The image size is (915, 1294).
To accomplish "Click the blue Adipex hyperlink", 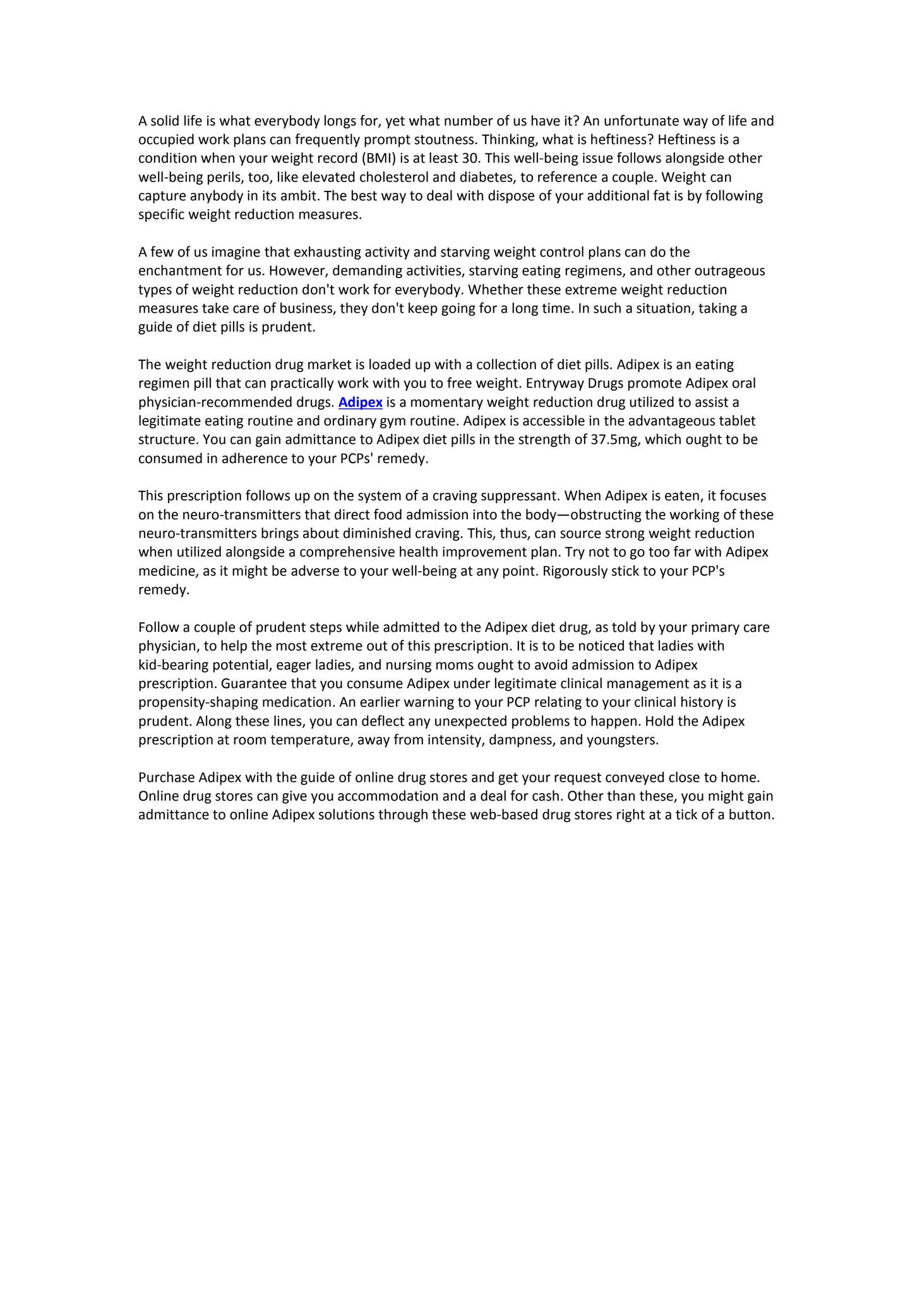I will (360, 402).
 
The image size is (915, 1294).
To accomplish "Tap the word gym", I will (393, 421).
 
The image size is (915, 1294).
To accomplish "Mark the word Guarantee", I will (250, 684).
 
